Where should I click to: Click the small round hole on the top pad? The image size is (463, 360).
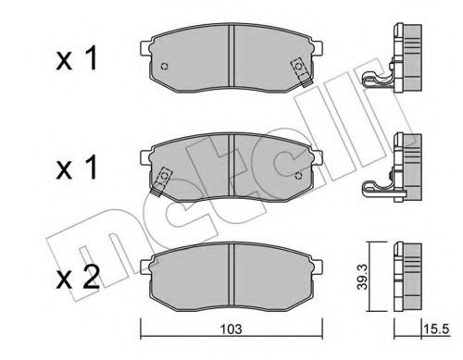coord(164,68)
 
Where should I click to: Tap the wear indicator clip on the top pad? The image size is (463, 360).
coord(299,68)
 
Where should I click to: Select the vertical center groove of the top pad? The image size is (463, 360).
coord(230,62)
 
